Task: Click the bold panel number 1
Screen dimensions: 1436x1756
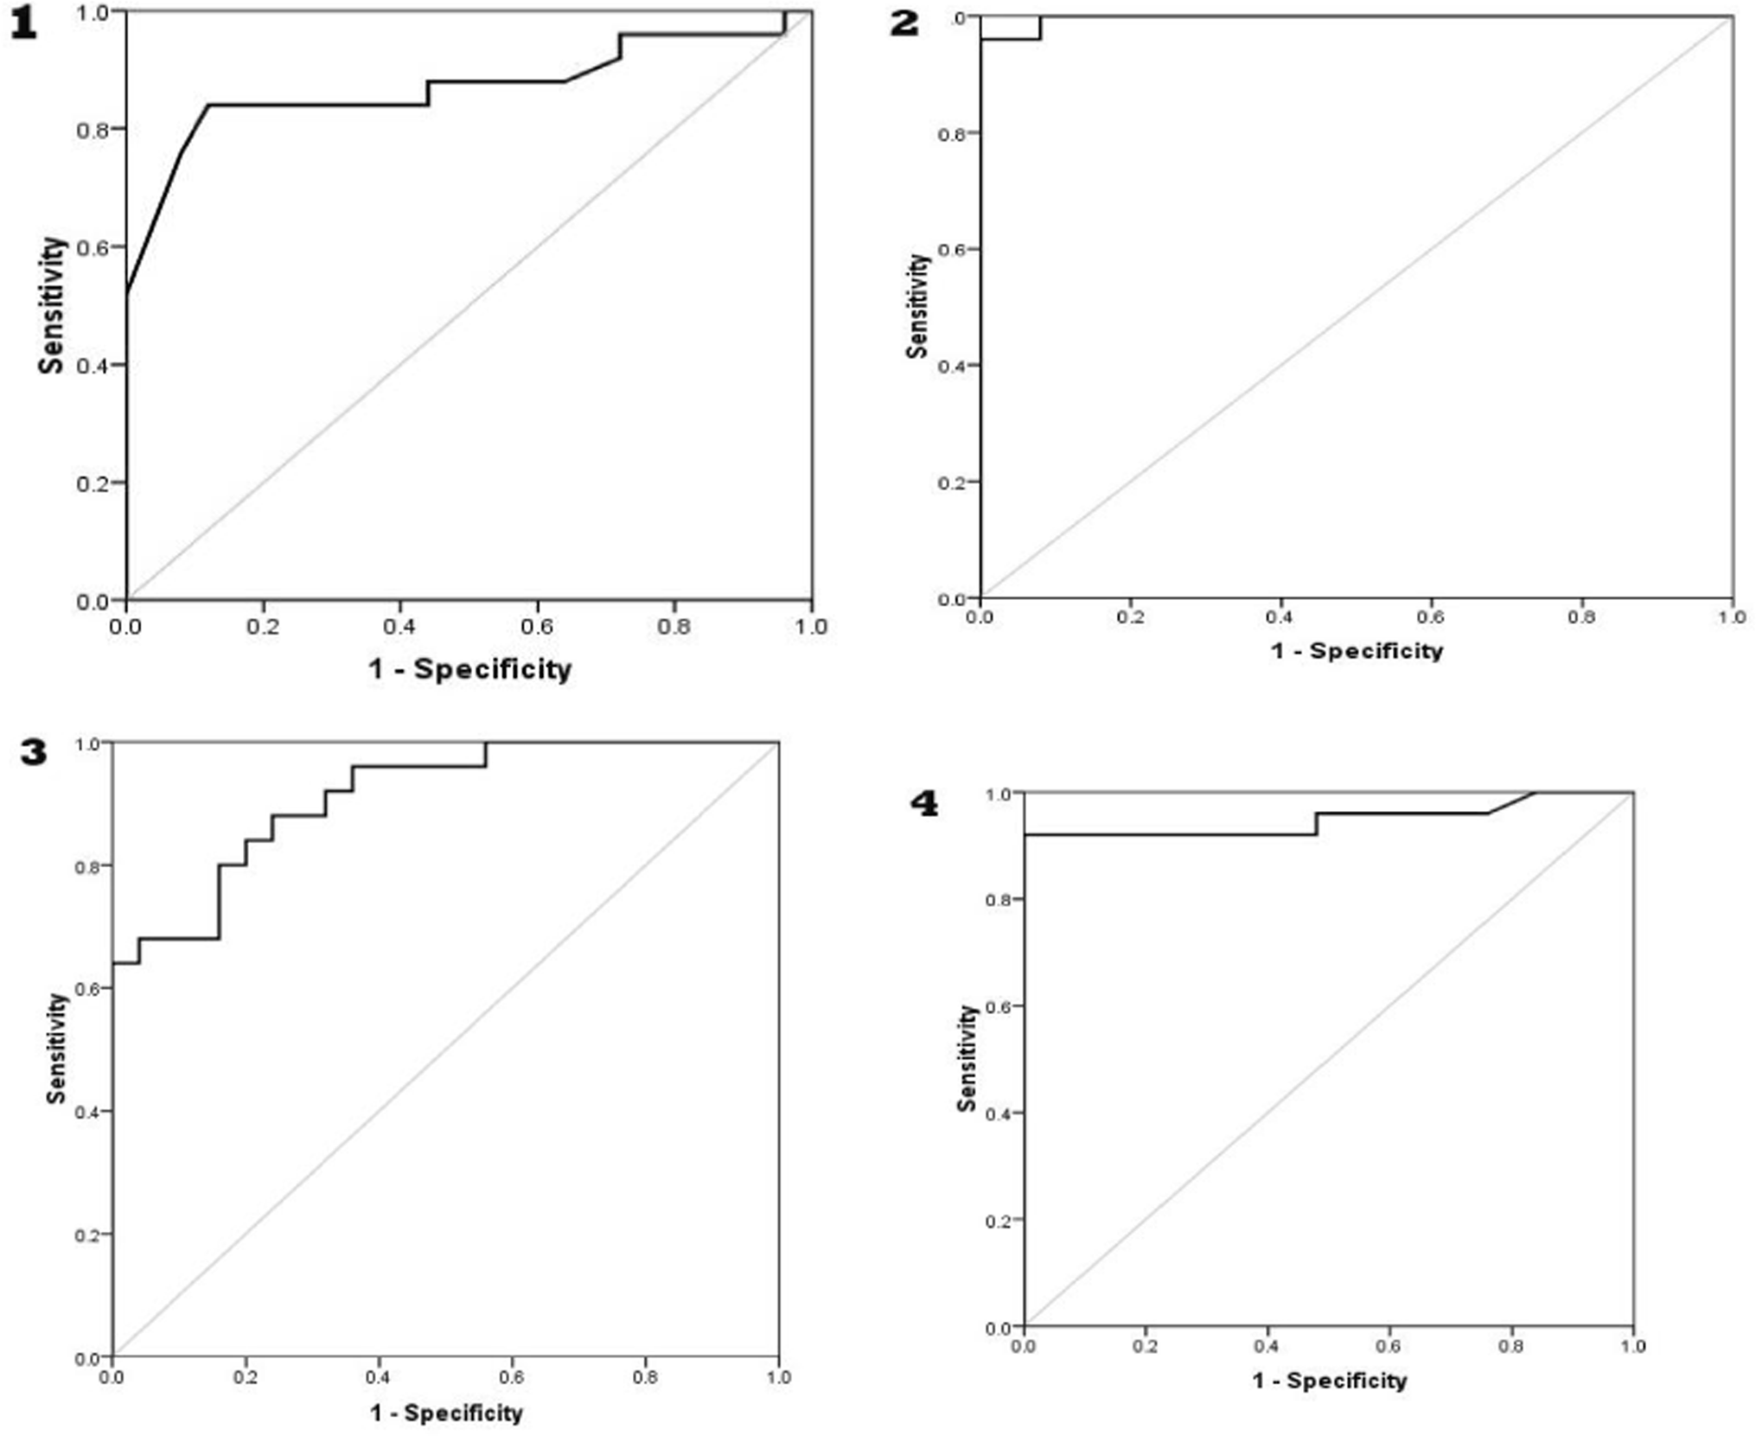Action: click(x=23, y=24)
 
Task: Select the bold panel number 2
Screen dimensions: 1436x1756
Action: click(x=904, y=23)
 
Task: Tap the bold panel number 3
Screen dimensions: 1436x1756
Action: click(x=34, y=752)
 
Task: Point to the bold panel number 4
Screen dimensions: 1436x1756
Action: click(x=924, y=804)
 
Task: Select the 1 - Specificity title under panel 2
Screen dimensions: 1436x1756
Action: click(x=1357, y=651)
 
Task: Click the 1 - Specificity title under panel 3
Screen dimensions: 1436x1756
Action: click(x=446, y=1413)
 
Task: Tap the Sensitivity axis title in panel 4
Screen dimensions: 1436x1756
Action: click(x=967, y=1057)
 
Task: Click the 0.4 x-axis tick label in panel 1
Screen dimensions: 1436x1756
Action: click(x=399, y=626)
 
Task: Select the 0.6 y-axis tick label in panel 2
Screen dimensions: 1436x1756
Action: click(x=951, y=250)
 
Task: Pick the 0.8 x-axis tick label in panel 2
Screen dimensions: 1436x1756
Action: click(x=1581, y=617)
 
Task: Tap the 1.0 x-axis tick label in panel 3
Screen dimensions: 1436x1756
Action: click(x=778, y=1376)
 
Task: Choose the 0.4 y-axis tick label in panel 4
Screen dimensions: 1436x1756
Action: click(x=998, y=1114)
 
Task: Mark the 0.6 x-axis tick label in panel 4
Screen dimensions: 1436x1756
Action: click(x=1389, y=1346)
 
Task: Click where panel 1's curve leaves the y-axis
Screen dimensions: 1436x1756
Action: click(x=128, y=294)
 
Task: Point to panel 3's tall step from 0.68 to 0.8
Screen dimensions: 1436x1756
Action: click(x=220, y=902)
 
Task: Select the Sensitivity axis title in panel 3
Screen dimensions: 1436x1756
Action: click(x=57, y=1048)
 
